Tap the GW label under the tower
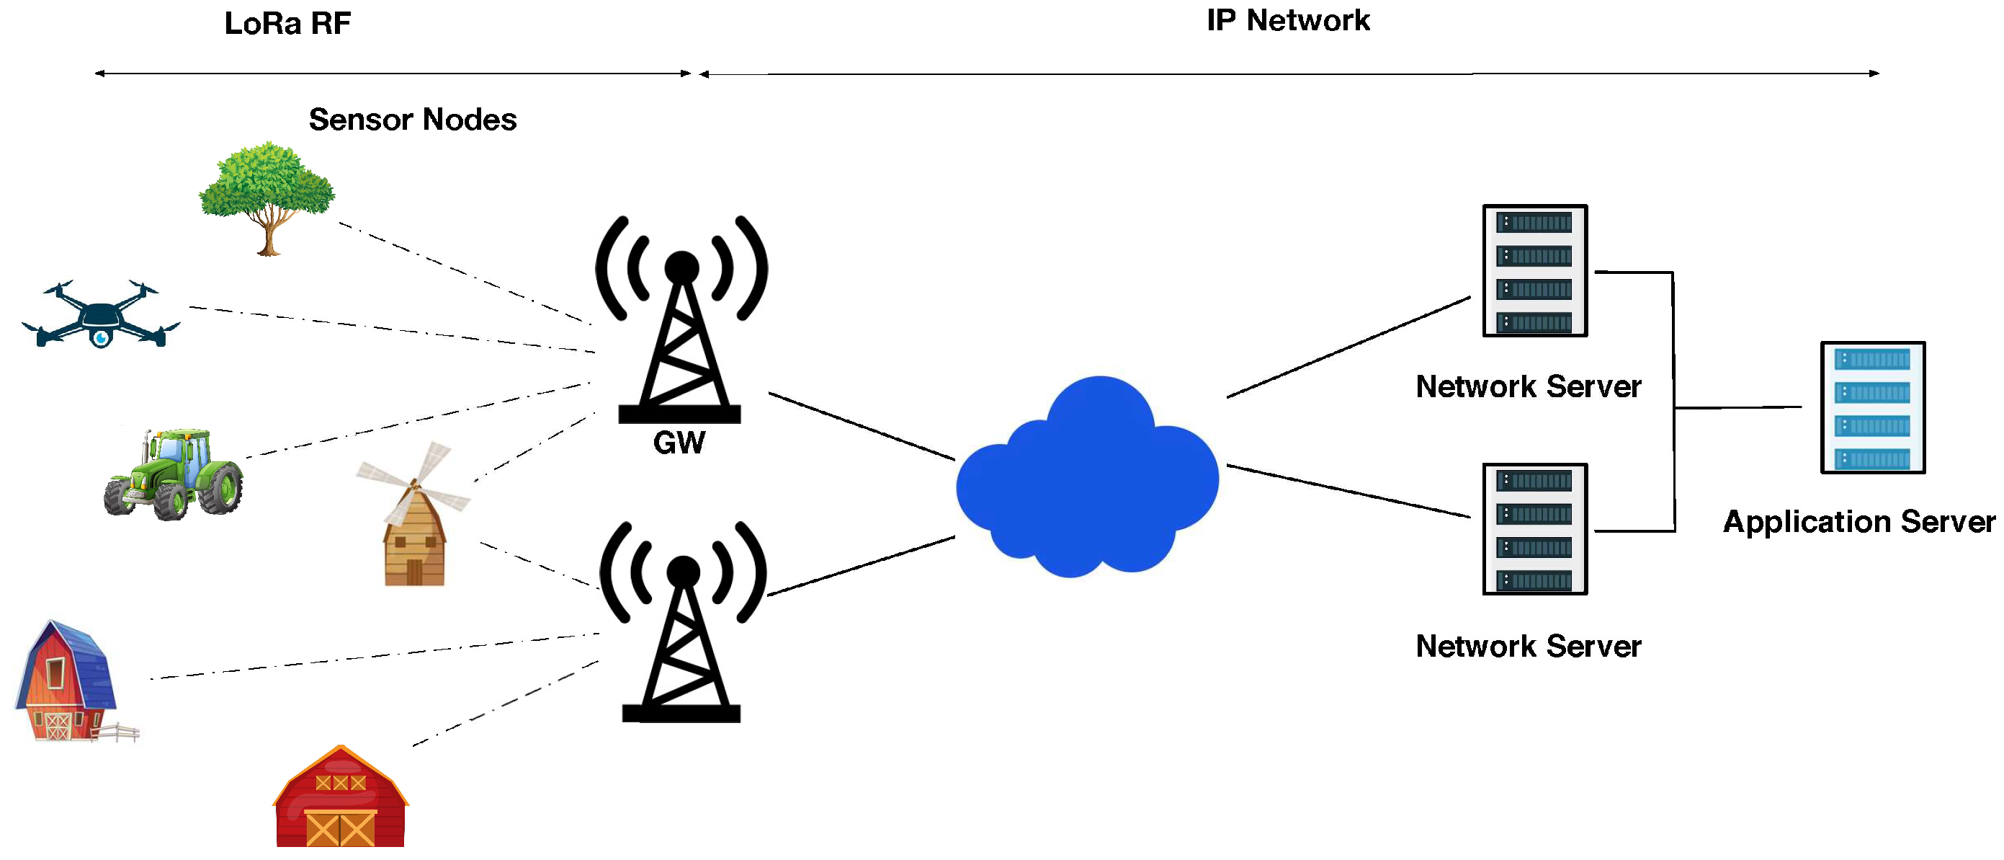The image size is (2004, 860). tap(679, 443)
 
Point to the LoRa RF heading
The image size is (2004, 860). tap(287, 23)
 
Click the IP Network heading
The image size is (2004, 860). tap(1287, 20)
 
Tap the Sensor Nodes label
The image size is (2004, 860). tap(412, 120)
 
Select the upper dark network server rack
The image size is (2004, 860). tap(1534, 271)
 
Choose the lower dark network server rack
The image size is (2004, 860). tap(1534, 529)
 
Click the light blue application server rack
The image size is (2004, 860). tap(1872, 407)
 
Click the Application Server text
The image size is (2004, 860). tap(1858, 521)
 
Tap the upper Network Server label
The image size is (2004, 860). tap(1528, 387)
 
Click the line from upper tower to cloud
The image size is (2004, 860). tap(862, 427)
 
